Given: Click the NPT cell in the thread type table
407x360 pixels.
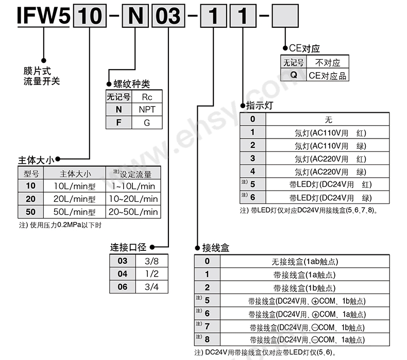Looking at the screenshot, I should tap(147, 110).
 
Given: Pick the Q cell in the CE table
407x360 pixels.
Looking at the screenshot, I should tap(294, 75).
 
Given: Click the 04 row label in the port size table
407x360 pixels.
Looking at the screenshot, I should tap(123, 273).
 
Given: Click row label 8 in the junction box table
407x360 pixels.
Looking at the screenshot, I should tap(208, 339).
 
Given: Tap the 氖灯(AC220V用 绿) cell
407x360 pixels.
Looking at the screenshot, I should tap(330, 172).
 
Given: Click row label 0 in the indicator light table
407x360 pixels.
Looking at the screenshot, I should tap(253, 119).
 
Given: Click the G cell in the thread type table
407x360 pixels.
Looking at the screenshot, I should tap(147, 123).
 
